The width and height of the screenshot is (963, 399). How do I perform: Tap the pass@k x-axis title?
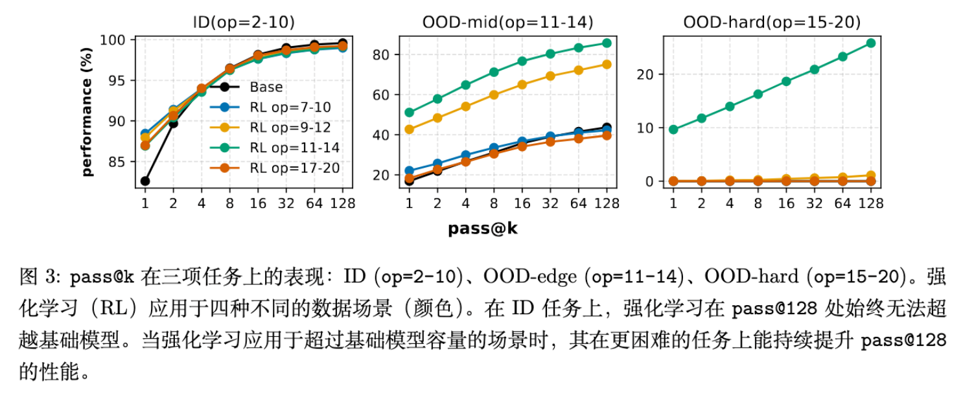click(x=482, y=228)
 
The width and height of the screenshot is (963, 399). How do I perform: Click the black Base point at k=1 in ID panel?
click(x=145, y=181)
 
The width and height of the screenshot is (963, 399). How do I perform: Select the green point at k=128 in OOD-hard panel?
click(x=871, y=43)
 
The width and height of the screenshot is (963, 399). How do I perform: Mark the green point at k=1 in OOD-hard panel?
click(x=673, y=130)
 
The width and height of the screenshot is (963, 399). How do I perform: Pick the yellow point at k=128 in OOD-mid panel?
click(x=607, y=64)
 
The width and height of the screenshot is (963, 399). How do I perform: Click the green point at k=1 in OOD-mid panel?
click(x=409, y=112)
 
